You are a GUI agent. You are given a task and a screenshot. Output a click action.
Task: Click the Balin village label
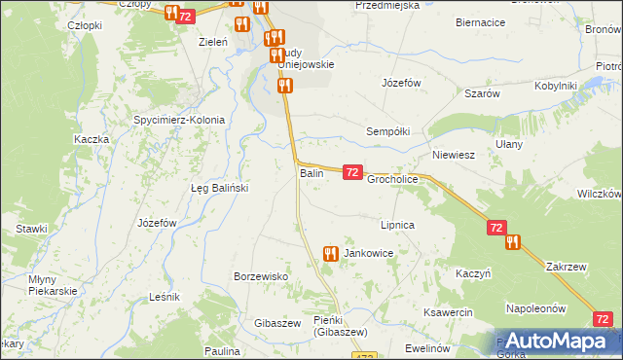coord(311,173)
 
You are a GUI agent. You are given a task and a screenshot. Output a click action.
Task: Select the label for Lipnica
coord(398,225)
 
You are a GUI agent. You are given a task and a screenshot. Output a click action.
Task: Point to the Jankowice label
coord(368,253)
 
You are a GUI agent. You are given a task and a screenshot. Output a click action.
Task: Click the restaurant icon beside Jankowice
coord(330,254)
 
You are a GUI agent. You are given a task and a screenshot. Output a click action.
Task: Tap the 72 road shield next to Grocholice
coord(352,172)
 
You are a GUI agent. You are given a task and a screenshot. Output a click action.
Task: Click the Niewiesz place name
coord(453,154)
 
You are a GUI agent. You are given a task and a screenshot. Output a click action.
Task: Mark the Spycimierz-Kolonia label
coord(179,121)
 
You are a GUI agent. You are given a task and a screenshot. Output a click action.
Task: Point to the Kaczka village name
coord(91,139)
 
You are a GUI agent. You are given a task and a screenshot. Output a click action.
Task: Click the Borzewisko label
coord(261,276)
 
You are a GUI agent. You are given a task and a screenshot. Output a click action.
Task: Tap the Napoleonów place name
coord(536,308)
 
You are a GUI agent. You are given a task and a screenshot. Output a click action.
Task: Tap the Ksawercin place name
coord(448,312)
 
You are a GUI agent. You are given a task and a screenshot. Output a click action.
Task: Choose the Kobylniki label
coord(556,86)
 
